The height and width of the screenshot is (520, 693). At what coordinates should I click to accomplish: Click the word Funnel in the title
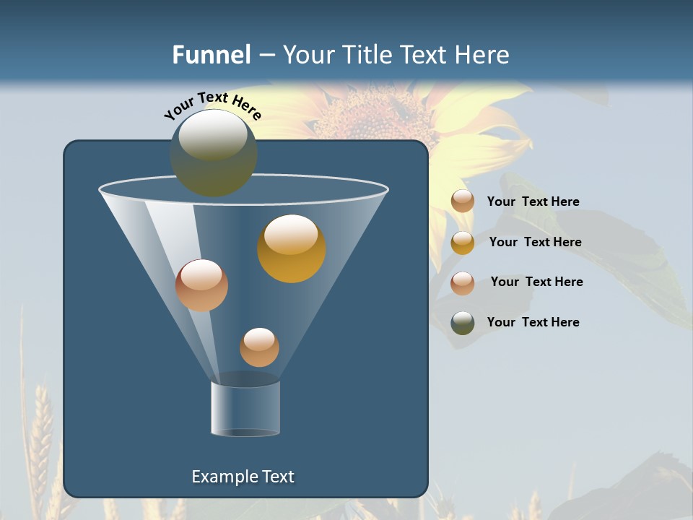(211, 55)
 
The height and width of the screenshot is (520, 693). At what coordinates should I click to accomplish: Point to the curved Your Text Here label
(212, 105)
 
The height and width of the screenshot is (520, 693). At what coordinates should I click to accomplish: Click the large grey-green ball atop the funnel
(213, 152)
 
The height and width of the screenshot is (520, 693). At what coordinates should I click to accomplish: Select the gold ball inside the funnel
(292, 248)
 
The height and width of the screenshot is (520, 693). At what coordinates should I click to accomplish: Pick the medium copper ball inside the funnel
(201, 285)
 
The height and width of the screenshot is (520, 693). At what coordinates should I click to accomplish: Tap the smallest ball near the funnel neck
(259, 347)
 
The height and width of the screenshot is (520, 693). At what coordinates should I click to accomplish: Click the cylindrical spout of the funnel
(245, 408)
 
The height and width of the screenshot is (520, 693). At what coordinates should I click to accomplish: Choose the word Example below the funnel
(224, 477)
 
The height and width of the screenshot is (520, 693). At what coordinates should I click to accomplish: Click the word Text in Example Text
(277, 477)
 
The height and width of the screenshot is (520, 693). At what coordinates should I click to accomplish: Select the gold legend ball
(463, 243)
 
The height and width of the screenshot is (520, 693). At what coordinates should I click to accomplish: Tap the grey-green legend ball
(463, 323)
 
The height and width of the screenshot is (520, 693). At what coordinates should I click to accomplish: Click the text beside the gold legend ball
(535, 242)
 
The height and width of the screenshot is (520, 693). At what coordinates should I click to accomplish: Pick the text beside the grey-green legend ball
(533, 322)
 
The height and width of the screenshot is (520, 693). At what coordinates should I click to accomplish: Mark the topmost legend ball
(463, 201)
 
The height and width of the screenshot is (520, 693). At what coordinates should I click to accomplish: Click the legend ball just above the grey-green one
(463, 282)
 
